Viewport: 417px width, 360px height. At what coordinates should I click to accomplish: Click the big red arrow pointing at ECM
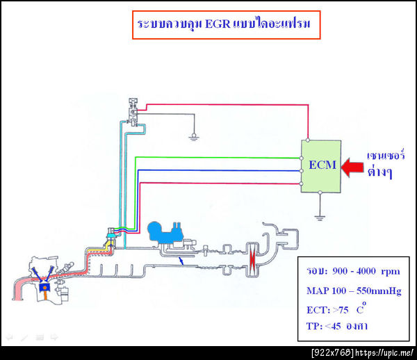pos(351,166)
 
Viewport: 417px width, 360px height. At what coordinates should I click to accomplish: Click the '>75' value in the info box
pos(345,309)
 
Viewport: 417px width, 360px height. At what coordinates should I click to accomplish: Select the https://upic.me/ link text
pos(385,353)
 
